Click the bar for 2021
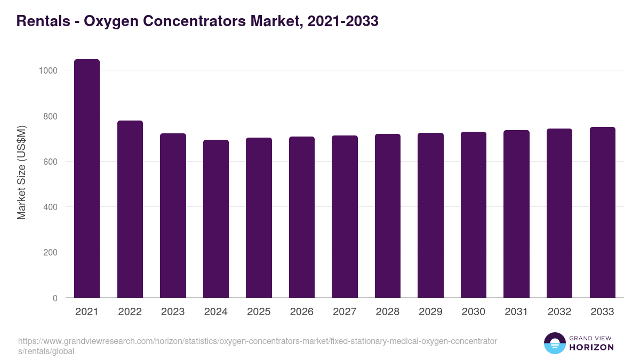87,179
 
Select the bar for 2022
130,209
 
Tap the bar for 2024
216,219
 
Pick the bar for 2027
345,217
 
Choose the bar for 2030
474,214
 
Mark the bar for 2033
602,212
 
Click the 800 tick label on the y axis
50,116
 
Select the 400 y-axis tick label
50,207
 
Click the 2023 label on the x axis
173,312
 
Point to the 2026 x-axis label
302,312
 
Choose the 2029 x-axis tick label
430,312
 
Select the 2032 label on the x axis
559,312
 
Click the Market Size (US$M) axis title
21,172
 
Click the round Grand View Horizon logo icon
555,343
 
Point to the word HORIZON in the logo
591,347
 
